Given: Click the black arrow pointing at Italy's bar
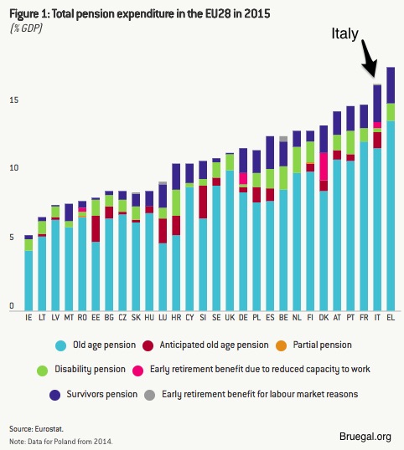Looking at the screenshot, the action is tap(368, 59).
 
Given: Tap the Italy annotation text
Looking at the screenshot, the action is tap(345, 34).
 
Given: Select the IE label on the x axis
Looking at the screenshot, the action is tap(28, 317).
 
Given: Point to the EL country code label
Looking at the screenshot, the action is tap(391, 317).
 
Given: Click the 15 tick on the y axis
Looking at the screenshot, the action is tap(13, 100).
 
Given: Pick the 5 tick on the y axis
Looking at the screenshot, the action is tap(12, 238).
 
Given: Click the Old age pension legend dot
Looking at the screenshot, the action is tap(60, 345).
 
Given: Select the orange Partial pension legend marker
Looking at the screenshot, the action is tap(281, 345).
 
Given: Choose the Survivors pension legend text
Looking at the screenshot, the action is tap(101, 394).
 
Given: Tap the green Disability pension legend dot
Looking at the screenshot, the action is tap(42, 371).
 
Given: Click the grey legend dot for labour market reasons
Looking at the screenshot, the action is tap(149, 395).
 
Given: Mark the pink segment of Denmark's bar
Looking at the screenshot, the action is tap(324, 166).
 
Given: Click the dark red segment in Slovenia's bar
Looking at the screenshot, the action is tap(203, 202).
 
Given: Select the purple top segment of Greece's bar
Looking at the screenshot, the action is tap(391, 85).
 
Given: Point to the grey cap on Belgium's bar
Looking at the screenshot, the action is tap(283, 139).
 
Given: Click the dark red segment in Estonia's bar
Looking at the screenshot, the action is tap(96, 228).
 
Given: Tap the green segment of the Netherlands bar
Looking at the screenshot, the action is tap(297, 160).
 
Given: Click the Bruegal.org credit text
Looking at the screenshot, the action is tap(365, 437).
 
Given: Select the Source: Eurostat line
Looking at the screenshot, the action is tap(36, 429).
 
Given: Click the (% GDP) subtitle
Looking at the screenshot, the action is tap(26, 28).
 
